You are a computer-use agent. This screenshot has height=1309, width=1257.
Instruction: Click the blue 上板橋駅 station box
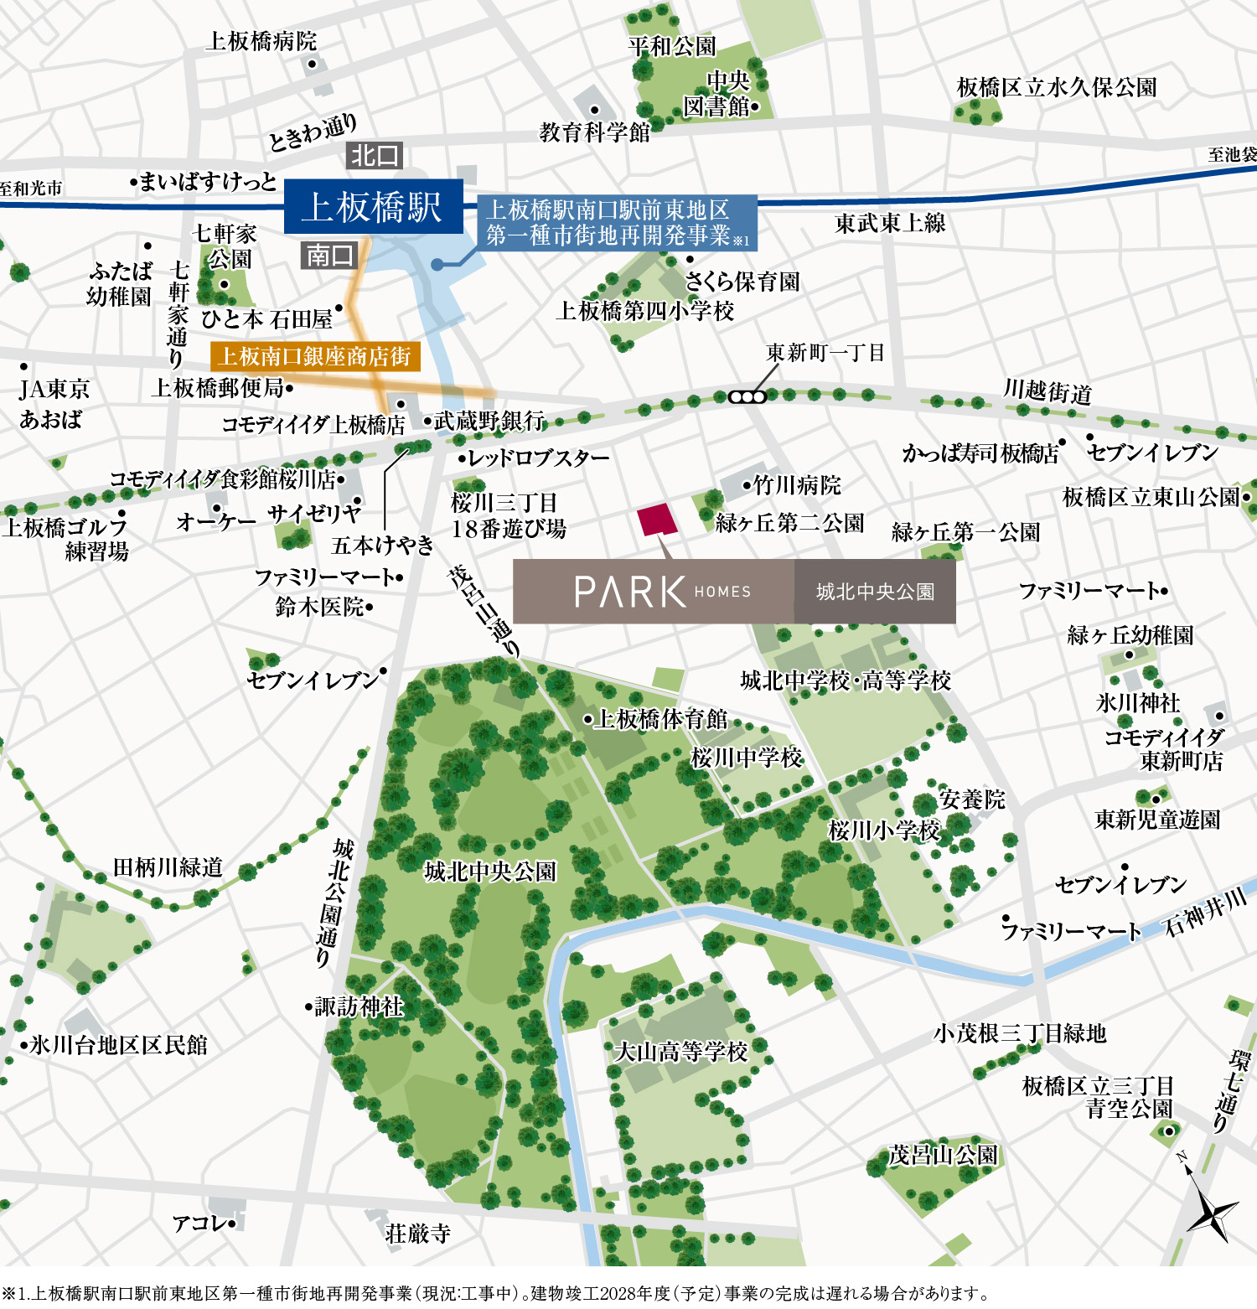373,206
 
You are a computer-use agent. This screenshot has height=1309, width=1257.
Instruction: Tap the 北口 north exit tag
375,155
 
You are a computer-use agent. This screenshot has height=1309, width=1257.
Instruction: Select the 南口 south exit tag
328,255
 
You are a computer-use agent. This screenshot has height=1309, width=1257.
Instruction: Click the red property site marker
657,520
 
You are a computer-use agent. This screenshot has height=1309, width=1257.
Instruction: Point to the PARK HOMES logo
662,592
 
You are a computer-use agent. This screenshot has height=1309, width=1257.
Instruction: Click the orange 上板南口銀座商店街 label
315,356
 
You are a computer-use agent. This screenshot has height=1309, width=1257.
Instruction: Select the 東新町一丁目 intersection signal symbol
747,396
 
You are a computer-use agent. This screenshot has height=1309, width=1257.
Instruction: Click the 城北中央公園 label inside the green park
490,872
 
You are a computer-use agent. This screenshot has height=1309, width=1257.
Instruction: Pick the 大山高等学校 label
680,1051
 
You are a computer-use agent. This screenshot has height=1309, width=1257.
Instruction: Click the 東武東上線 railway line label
890,223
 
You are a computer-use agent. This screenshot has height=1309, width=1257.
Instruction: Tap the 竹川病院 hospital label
796,484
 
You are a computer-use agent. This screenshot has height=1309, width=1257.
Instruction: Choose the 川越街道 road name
1047,391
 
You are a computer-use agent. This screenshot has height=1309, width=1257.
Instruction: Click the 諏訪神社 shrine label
359,1006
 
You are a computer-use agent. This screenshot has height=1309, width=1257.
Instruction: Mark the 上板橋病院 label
261,41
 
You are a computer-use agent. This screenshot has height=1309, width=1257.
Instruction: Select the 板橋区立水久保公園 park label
1057,87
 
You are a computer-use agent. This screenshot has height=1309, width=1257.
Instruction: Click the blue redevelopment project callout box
617,223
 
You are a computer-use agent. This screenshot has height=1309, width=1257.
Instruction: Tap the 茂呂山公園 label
943,1155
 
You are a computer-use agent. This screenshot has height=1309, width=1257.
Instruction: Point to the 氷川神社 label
1138,702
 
